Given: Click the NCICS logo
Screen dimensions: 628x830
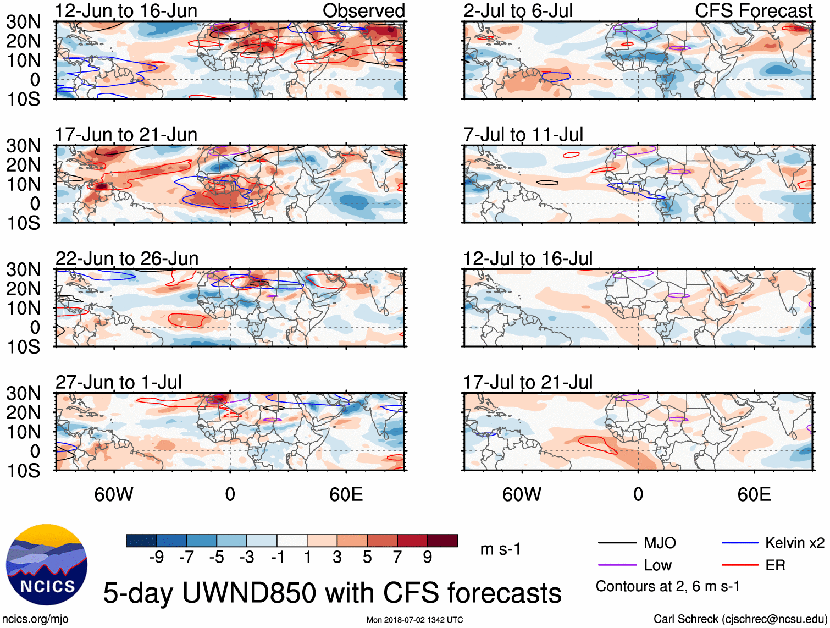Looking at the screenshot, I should point(47,565).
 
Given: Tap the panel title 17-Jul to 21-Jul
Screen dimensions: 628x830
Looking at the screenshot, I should point(528,382).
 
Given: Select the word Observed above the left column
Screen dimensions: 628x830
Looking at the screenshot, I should point(363,10).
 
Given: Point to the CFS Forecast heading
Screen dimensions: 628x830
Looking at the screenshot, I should point(753,10).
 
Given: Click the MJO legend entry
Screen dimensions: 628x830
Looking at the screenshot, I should point(660,543).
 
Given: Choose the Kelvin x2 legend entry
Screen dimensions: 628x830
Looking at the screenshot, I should point(794,543).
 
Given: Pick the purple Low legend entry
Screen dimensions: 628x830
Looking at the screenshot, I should point(657,565).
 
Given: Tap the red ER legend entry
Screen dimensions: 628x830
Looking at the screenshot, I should point(775,565).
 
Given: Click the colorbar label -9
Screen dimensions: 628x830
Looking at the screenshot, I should point(156,558).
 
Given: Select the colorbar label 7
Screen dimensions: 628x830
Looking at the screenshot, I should point(397,558).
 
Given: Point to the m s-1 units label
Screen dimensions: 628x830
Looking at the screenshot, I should point(500,549).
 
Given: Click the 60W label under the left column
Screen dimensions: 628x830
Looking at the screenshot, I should point(114,494).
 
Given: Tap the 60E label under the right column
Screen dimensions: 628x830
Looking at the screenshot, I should point(754,494).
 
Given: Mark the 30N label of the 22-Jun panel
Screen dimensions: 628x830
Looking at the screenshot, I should point(23,269).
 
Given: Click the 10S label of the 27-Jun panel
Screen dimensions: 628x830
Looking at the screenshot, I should point(23,471).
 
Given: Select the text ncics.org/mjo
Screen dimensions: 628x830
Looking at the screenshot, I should point(35,619).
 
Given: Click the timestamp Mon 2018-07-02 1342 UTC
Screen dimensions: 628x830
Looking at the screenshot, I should point(414,620).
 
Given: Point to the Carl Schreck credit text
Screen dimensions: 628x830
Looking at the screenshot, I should point(740,619).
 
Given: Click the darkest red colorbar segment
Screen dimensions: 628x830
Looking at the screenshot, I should point(442,541).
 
